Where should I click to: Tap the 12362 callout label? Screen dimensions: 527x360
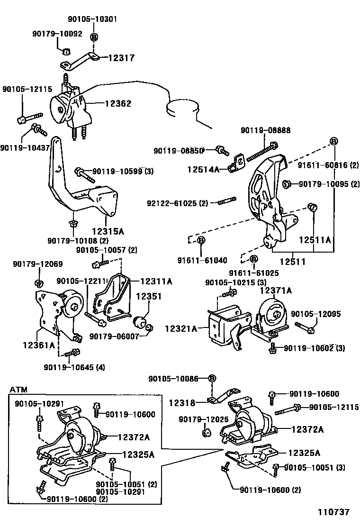click(x=115, y=103)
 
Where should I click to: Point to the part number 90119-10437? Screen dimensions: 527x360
click(x=25, y=148)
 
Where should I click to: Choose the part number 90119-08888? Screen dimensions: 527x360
click(x=265, y=130)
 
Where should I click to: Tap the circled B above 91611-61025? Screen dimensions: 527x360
click(x=253, y=259)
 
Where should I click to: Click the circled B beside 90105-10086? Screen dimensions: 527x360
click(x=212, y=378)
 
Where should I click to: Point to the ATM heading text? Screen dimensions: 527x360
click(x=18, y=390)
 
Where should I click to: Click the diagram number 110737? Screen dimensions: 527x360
click(x=333, y=512)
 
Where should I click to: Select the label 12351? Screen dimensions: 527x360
click(x=149, y=297)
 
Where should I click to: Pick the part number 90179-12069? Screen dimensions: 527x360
click(x=37, y=264)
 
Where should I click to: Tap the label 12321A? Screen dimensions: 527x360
click(x=180, y=328)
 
